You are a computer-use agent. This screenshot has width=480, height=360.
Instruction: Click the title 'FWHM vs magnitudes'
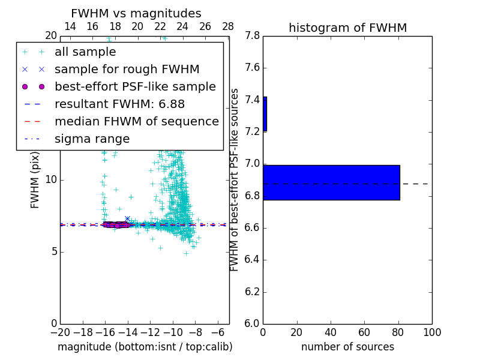click(x=136, y=13)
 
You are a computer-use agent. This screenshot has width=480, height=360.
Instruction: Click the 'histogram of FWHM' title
click(x=347, y=28)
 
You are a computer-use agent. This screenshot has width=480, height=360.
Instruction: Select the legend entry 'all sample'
click(x=85, y=52)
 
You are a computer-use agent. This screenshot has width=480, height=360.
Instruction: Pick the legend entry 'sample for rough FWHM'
click(x=127, y=69)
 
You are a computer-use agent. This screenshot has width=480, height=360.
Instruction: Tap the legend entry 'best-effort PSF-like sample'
click(x=135, y=86)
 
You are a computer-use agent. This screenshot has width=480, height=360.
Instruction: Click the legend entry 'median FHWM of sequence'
click(x=136, y=121)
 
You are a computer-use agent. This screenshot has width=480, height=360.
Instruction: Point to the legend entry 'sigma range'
click(x=92, y=139)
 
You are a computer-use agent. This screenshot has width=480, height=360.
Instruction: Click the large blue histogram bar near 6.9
click(x=331, y=182)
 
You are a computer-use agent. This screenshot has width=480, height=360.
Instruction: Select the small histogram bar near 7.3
click(x=265, y=114)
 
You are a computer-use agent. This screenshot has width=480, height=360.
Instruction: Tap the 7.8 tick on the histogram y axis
click(x=251, y=36)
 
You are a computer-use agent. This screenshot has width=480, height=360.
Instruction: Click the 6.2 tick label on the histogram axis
click(x=251, y=292)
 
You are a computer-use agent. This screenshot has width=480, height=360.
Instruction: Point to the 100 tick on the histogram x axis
click(x=431, y=332)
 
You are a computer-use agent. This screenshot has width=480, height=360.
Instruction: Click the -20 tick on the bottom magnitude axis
click(x=61, y=332)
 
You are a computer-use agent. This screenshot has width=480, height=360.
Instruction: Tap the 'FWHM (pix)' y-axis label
click(x=35, y=179)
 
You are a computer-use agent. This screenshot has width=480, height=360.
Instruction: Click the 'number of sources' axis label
click(x=347, y=347)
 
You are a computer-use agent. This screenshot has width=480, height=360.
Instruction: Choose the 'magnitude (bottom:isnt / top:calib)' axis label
click(x=145, y=347)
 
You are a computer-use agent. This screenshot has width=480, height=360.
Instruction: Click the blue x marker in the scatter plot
click(x=127, y=219)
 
